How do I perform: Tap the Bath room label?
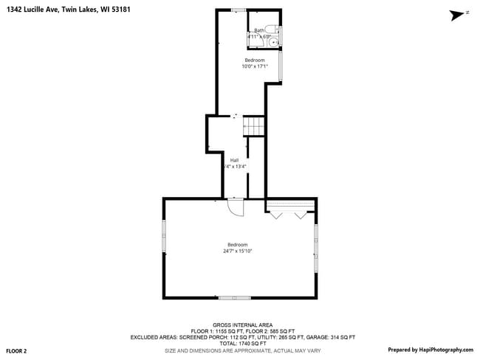tap(258, 30)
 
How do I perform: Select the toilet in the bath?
tap(271, 30)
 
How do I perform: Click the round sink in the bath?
tap(274, 42)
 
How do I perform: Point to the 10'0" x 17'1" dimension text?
tap(254, 66)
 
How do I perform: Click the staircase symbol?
tap(254, 126)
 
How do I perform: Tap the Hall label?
tap(234, 160)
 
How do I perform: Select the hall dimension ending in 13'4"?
tap(235, 167)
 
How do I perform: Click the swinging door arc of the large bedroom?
tap(236, 208)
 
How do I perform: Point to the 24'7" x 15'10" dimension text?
tap(238, 252)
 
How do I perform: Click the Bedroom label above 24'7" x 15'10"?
tap(238, 245)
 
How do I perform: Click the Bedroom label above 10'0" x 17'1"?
tap(255, 60)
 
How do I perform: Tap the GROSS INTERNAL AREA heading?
tap(243, 325)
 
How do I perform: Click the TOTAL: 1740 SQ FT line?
tap(243, 343)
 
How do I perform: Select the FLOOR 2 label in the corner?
tap(16, 350)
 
